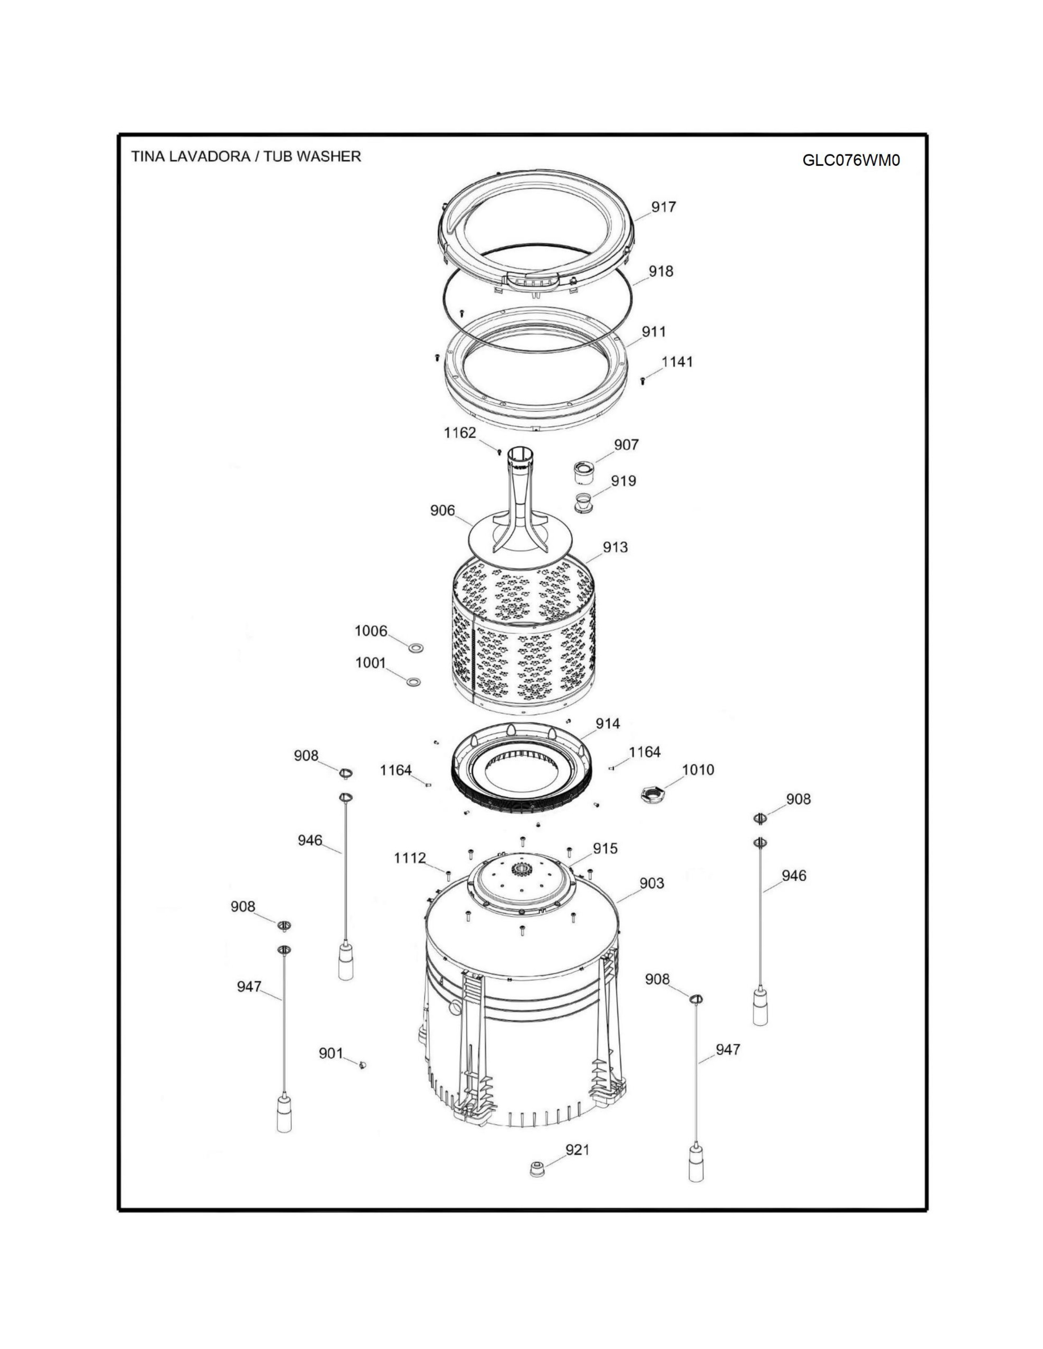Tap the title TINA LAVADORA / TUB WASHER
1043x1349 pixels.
(246, 156)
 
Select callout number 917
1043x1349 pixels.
(663, 207)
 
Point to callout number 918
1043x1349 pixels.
(661, 271)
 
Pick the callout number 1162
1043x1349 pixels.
(460, 433)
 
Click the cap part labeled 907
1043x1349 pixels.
(582, 472)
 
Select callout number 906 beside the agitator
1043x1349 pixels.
(443, 511)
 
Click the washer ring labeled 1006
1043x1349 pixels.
(416, 648)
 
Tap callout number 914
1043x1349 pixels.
(607, 724)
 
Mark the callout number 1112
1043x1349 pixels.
(410, 858)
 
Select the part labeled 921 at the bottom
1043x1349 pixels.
(537, 1169)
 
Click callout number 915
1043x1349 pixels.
(605, 849)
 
